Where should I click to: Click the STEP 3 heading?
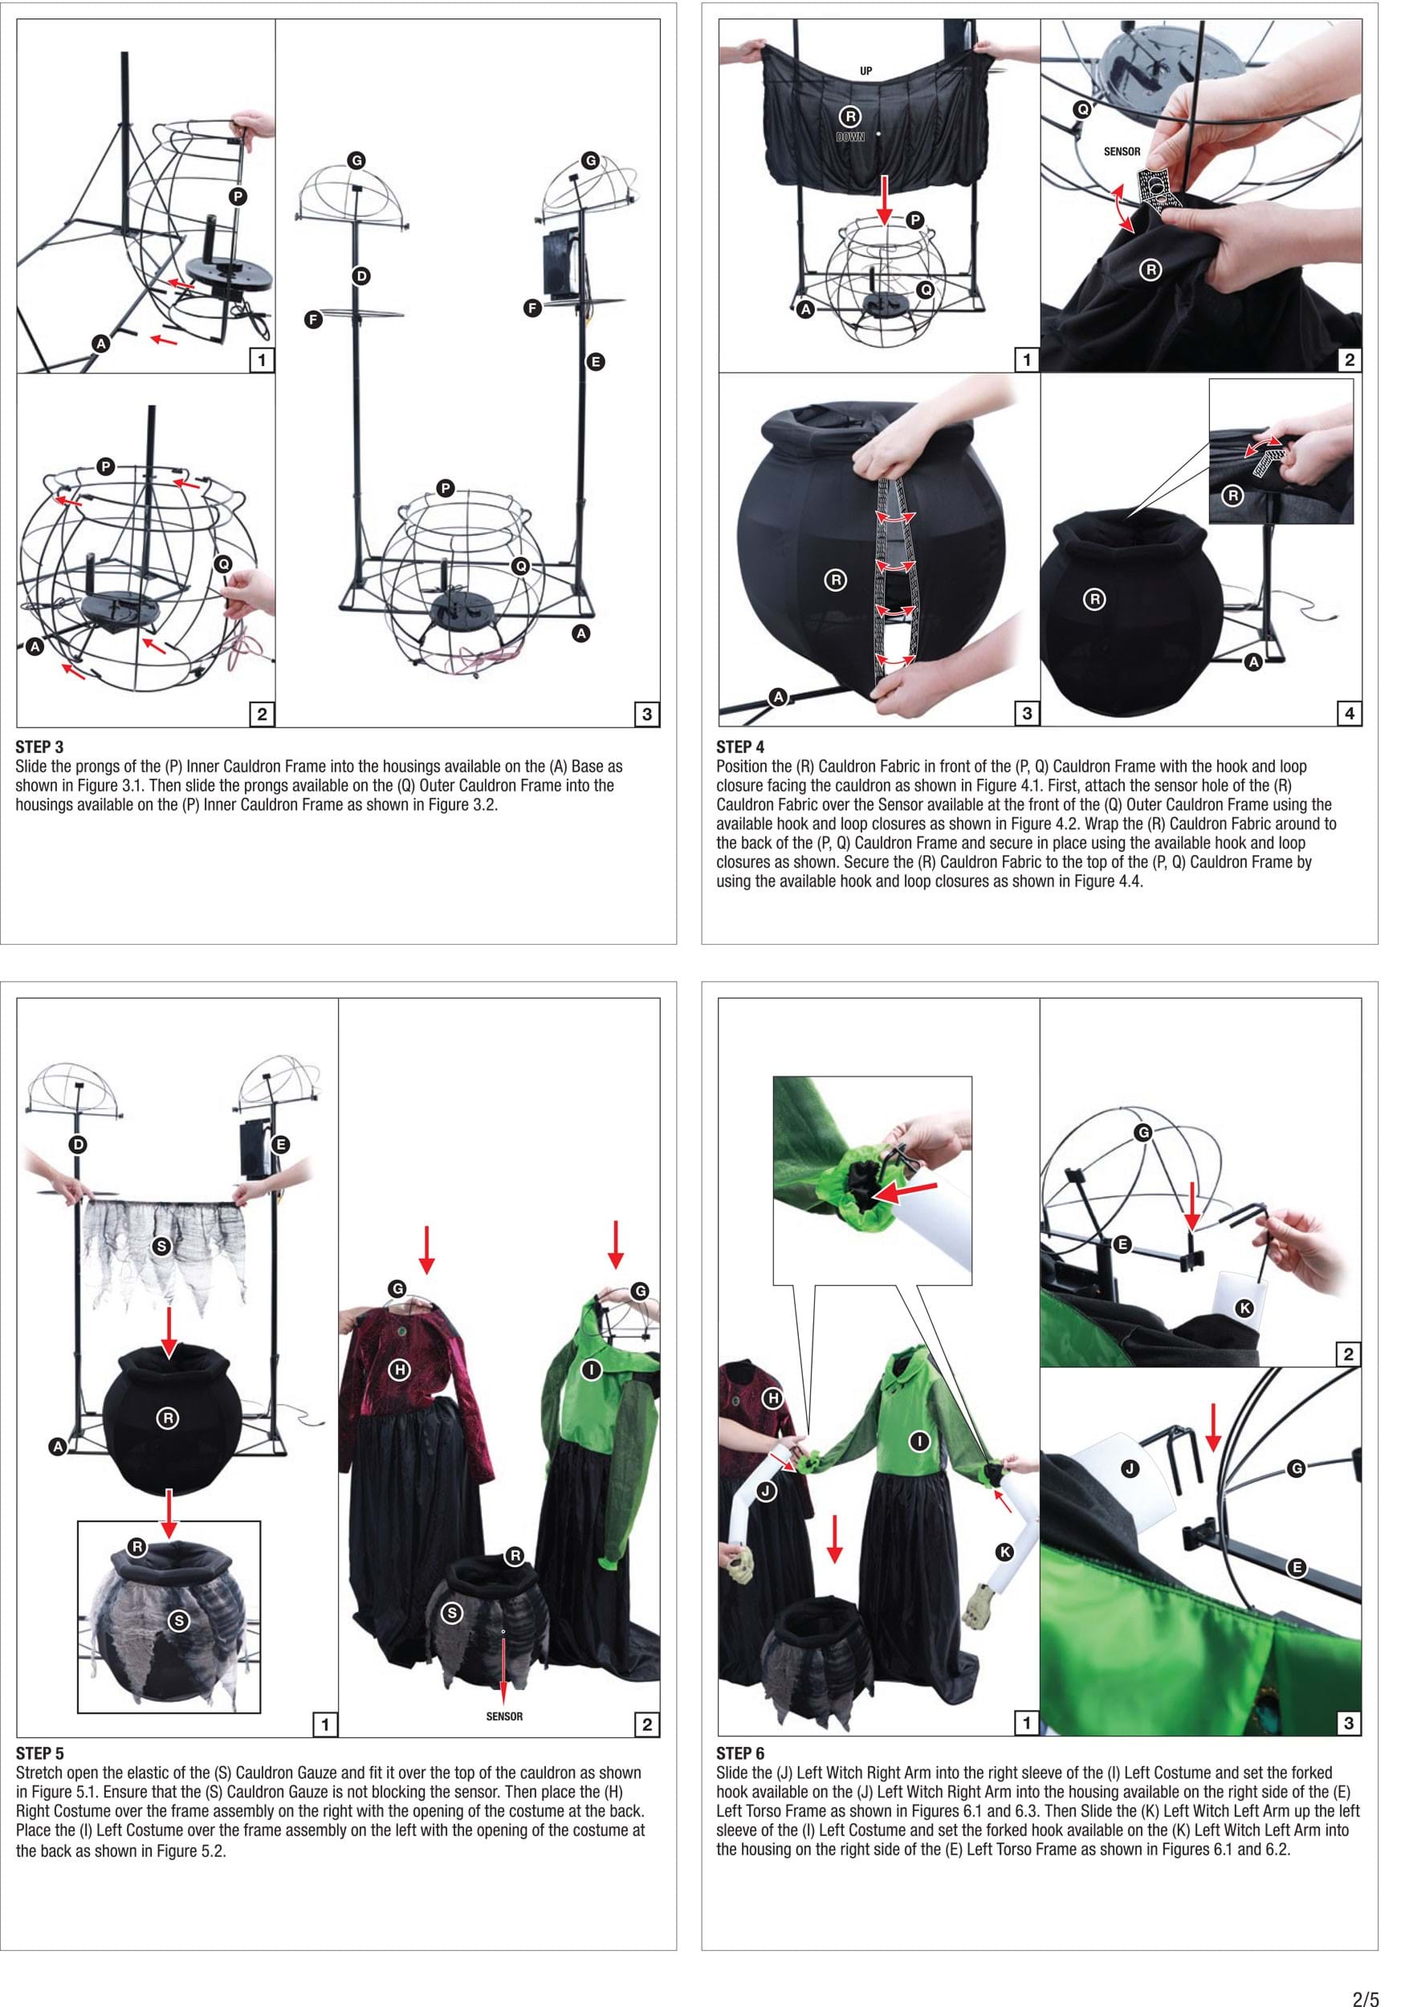[x=39, y=747]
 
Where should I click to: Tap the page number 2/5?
[x=1366, y=1991]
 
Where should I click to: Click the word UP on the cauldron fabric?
[x=865, y=71]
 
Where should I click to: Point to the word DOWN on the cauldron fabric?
[x=849, y=137]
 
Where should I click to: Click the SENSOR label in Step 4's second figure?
[x=1122, y=151]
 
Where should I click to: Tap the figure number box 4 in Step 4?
[x=1349, y=714]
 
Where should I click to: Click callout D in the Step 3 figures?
[x=361, y=276]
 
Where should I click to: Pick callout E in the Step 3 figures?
[x=596, y=362]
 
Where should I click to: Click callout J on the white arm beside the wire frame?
[x=1130, y=1468]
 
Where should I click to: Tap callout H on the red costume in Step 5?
[x=400, y=1370]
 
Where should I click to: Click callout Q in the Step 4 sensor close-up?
[x=1082, y=109]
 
